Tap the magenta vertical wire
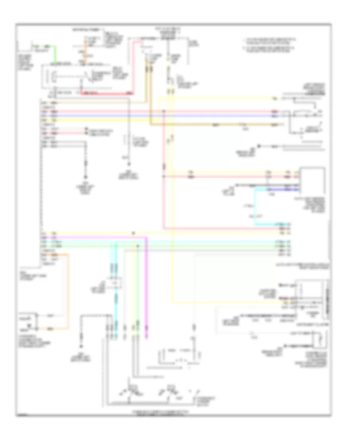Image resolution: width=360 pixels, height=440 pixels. pyautogui.click(x=146, y=288)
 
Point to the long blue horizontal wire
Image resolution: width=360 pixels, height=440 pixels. pyautogui.click(x=160, y=116)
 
